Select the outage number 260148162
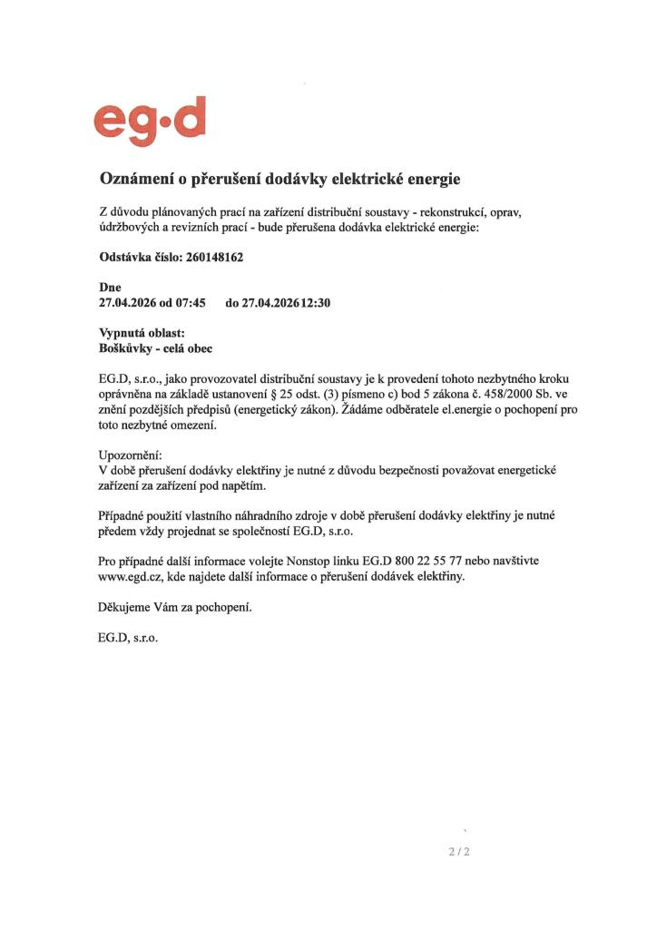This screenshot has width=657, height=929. (214, 258)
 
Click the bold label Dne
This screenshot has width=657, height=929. (110, 288)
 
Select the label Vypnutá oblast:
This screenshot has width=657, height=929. (141, 333)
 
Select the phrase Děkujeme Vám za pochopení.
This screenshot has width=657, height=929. (174, 607)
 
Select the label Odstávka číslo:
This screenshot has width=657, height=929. (141, 258)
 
